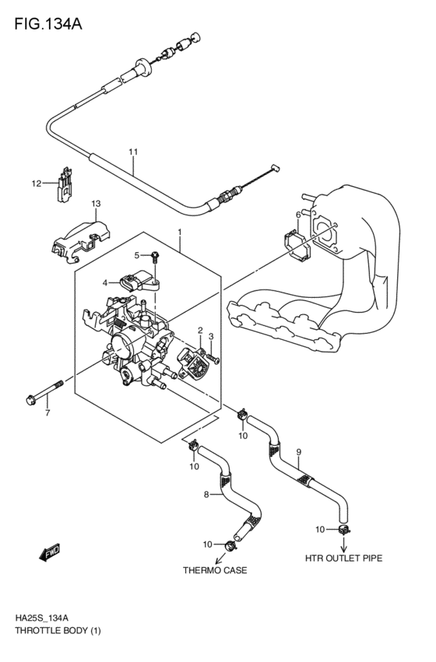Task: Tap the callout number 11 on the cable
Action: [133, 151]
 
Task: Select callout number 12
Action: [36, 184]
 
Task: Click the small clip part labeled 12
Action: [66, 184]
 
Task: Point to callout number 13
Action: [96, 204]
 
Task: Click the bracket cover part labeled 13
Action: [81, 238]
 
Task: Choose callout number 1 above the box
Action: [179, 232]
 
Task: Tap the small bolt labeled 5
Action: [156, 256]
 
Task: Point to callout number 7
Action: [47, 412]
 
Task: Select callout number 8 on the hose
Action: [206, 494]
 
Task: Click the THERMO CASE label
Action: [215, 570]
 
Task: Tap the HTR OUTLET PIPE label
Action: [343, 558]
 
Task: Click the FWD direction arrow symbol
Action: [50, 553]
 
